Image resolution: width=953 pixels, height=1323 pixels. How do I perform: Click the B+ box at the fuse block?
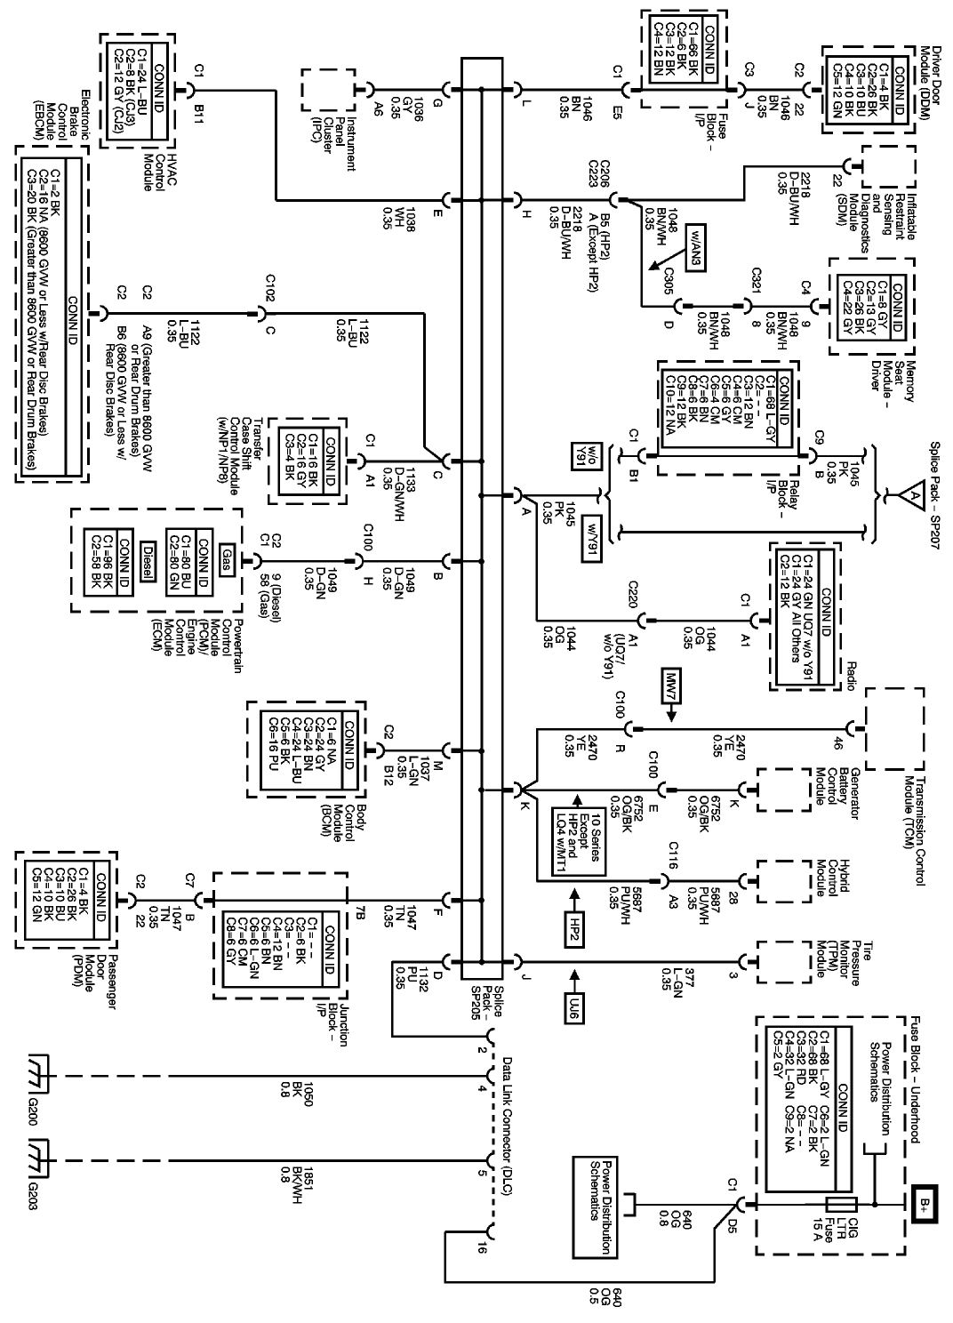tap(925, 1205)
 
